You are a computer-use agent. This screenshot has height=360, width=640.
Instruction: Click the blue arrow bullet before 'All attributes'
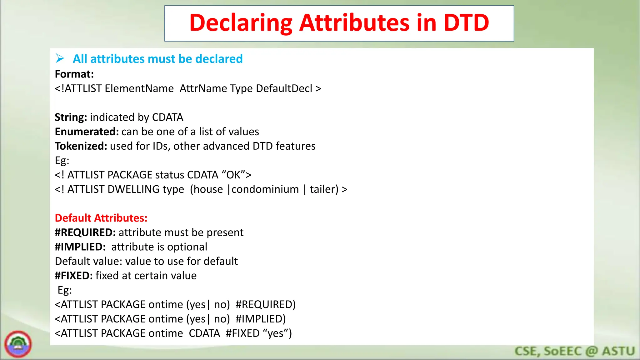pos(60,58)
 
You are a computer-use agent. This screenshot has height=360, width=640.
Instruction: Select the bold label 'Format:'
pos(74,74)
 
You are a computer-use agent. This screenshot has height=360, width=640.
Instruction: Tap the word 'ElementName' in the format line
pos(139,88)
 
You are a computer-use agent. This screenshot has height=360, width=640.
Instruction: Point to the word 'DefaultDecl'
pos(284,88)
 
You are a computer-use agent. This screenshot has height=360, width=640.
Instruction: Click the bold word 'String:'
pos(71,117)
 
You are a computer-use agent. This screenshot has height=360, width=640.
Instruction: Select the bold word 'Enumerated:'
pos(87,132)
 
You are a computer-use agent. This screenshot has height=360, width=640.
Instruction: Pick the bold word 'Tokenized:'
pos(81,146)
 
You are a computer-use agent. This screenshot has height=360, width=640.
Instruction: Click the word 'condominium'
pos(265,189)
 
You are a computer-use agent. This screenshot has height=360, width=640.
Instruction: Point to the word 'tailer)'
pos(324,189)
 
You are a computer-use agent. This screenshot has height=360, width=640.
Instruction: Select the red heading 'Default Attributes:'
pos(101,218)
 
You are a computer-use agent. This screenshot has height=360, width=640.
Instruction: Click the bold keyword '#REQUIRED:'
pos(85,232)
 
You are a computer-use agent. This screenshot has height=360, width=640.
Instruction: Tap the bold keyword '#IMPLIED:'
pos(80,247)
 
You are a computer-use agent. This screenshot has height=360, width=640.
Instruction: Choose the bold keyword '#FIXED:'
pos(74,276)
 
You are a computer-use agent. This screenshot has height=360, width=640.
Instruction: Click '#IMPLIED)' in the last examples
pos(261,319)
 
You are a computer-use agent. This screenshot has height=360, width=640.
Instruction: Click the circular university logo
pos(18,344)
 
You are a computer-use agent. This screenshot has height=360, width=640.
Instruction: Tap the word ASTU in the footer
pos(618,351)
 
